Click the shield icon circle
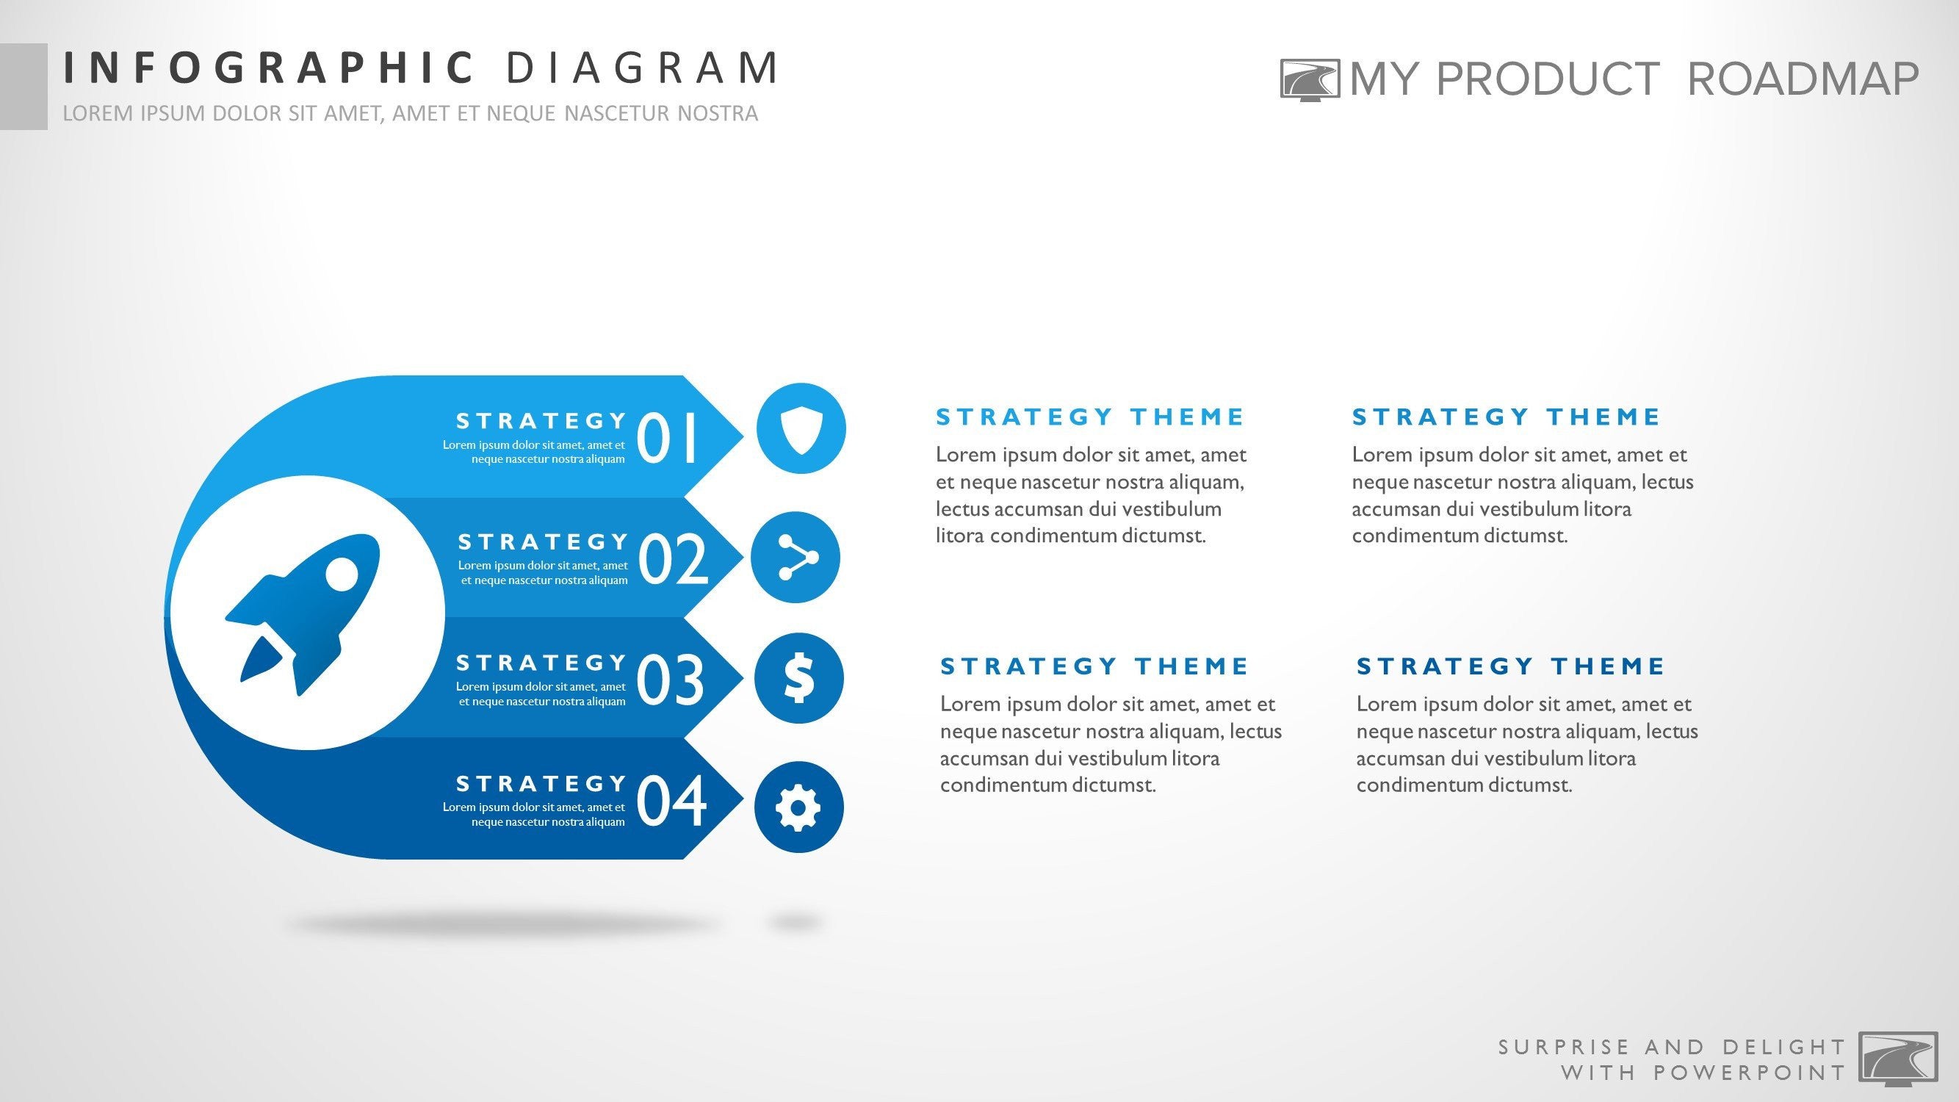pyautogui.click(x=801, y=428)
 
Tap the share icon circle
pyautogui.click(x=795, y=558)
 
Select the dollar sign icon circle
pyautogui.click(x=798, y=678)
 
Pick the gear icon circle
pyautogui.click(x=798, y=807)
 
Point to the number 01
pyautogui.click(x=667, y=437)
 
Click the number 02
pyautogui.click(x=673, y=559)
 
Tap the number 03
pyautogui.click(x=670, y=679)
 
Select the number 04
pyautogui.click(x=671, y=800)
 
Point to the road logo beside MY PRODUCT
pyautogui.click(x=1310, y=80)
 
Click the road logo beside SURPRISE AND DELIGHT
pyautogui.click(x=1898, y=1059)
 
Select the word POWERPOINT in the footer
pyautogui.click(x=1750, y=1073)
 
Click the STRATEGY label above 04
pyautogui.click(x=541, y=783)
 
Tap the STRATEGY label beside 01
pyautogui.click(x=541, y=420)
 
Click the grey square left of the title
pyautogui.click(x=24, y=86)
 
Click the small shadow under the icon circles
pyautogui.click(x=795, y=923)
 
